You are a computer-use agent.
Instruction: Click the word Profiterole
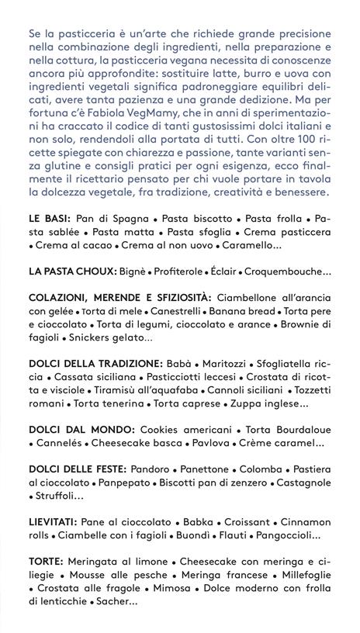188,272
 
